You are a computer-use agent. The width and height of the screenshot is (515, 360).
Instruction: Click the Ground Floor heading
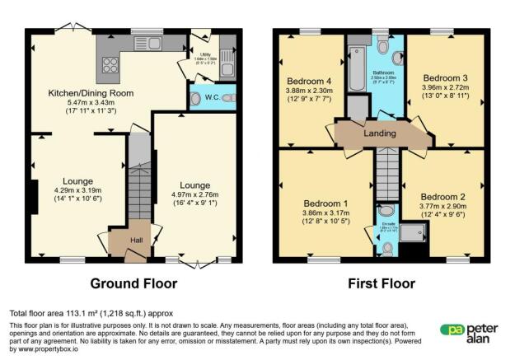(x=134, y=283)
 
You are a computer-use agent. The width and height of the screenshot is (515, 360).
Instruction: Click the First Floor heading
(x=381, y=283)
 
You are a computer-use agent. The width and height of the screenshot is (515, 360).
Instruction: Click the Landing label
(x=380, y=133)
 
